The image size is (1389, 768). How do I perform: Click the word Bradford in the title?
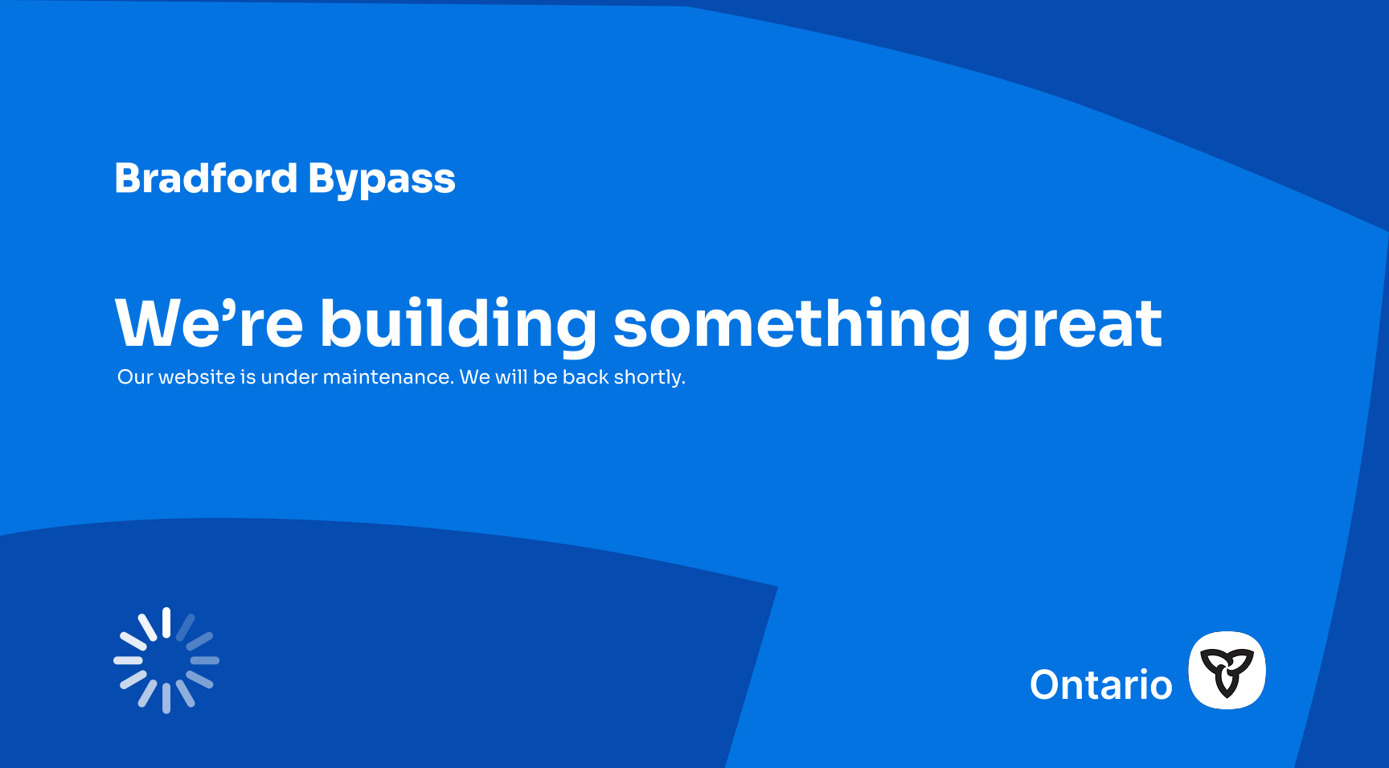(x=206, y=178)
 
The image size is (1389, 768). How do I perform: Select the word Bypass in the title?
(x=382, y=181)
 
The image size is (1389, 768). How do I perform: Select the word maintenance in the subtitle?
(x=387, y=377)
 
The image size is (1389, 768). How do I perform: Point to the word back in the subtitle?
(x=585, y=377)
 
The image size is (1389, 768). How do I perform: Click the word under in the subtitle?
(x=289, y=377)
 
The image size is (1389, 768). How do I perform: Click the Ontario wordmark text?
(x=1101, y=685)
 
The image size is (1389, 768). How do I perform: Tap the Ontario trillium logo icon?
(x=1227, y=671)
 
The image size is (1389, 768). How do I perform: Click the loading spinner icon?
(x=166, y=660)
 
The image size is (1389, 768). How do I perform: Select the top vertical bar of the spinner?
(x=166, y=622)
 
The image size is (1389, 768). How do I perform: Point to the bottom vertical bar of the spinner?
(x=166, y=698)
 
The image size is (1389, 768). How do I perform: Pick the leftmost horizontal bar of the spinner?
(x=129, y=660)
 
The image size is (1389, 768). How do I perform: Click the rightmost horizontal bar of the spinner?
(x=204, y=660)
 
